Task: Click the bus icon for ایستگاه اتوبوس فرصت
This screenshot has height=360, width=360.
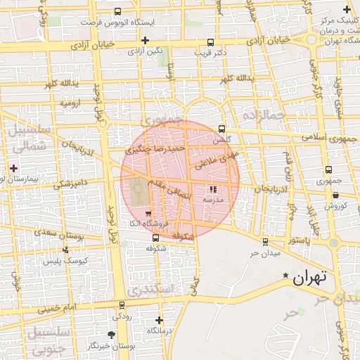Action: [x=117, y=11]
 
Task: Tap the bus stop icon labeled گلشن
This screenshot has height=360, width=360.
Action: [x=222, y=129]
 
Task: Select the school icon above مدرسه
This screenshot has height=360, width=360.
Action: [x=213, y=189]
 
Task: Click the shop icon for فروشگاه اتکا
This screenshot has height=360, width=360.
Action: [x=148, y=213]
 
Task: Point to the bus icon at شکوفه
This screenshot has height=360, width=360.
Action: [x=155, y=238]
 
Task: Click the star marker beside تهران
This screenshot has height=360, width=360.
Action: [x=285, y=275]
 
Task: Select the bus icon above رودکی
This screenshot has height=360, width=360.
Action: [x=122, y=305]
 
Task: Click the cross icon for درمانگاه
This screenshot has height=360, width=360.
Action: [x=159, y=320]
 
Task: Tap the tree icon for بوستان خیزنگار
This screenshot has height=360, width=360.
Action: [x=111, y=335]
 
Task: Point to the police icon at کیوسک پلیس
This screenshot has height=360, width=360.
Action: [x=65, y=250]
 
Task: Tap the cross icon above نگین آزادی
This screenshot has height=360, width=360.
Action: [x=145, y=40]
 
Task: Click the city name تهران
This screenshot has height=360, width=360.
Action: [x=309, y=277]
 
